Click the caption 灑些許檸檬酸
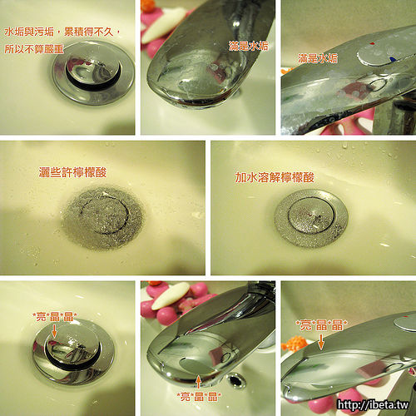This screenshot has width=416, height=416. [x=72, y=172]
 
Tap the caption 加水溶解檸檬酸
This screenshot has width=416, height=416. [x=275, y=177]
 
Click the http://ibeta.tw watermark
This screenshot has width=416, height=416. [x=373, y=404]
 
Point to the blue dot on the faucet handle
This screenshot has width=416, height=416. [x=392, y=59]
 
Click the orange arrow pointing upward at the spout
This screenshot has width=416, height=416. [x=198, y=382]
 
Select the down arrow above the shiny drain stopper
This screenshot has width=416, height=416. [x=54, y=331]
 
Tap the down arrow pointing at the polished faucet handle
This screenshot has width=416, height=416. [x=321, y=342]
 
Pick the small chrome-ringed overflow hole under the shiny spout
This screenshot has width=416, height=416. [x=236, y=380]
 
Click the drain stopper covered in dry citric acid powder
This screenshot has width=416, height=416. [x=103, y=217]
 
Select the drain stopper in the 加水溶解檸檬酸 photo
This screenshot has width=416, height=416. [x=311, y=218]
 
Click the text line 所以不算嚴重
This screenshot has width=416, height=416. [x=34, y=49]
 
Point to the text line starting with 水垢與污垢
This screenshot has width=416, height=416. [x=62, y=32]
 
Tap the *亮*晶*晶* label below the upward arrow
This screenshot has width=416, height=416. [x=199, y=396]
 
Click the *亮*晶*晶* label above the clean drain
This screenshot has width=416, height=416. [x=55, y=317]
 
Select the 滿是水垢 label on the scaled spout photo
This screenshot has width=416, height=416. [x=248, y=46]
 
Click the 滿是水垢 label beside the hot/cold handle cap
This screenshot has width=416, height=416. [x=318, y=58]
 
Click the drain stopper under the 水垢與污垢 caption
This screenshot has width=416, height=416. [x=93, y=72]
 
